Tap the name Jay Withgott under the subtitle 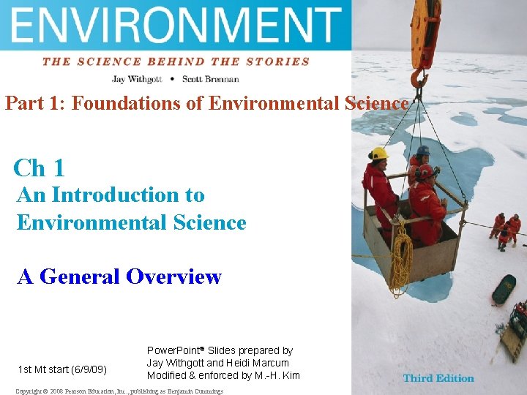click(x=136, y=78)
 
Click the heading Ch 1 click(x=40, y=168)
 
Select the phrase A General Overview click(x=119, y=276)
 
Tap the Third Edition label click(x=438, y=378)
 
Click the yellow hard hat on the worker click(x=378, y=154)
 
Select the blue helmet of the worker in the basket click(x=423, y=151)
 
